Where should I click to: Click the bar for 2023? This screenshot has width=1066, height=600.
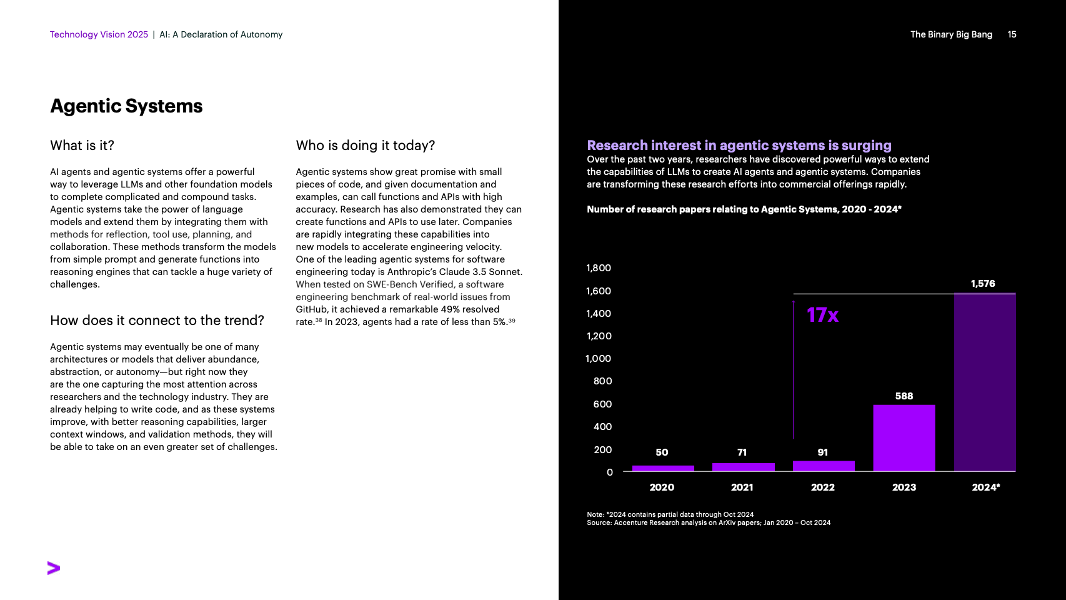pos(904,437)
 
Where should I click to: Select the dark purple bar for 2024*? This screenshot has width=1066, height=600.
pos(984,382)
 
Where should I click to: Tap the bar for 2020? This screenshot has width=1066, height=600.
pos(662,468)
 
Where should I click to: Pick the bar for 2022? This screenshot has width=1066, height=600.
pos(823,466)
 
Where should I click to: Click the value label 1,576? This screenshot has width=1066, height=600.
pos(982,284)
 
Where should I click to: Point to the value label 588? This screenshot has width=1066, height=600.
pos(904,396)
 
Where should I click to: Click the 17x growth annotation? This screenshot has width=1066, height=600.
pos(822,315)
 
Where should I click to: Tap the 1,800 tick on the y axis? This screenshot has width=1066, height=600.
pos(598,268)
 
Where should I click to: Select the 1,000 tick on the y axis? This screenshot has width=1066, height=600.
pos(598,359)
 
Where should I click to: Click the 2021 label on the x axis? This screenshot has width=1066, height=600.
pos(742,487)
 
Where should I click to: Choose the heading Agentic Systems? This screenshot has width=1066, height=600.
pos(126,106)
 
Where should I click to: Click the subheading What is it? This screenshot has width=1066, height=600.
pos(82,146)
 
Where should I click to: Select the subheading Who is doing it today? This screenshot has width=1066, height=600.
pos(365,146)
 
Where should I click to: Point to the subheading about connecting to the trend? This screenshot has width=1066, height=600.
pos(157,321)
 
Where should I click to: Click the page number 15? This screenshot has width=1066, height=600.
pos(1012,34)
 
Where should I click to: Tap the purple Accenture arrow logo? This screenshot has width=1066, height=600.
pos(54,568)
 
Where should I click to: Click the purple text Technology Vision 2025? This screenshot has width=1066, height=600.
pos(99,34)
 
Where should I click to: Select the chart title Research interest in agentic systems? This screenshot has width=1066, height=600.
pos(739,146)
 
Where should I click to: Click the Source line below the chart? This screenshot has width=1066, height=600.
pos(708,523)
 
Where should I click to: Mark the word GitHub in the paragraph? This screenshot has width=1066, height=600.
pos(311,309)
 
